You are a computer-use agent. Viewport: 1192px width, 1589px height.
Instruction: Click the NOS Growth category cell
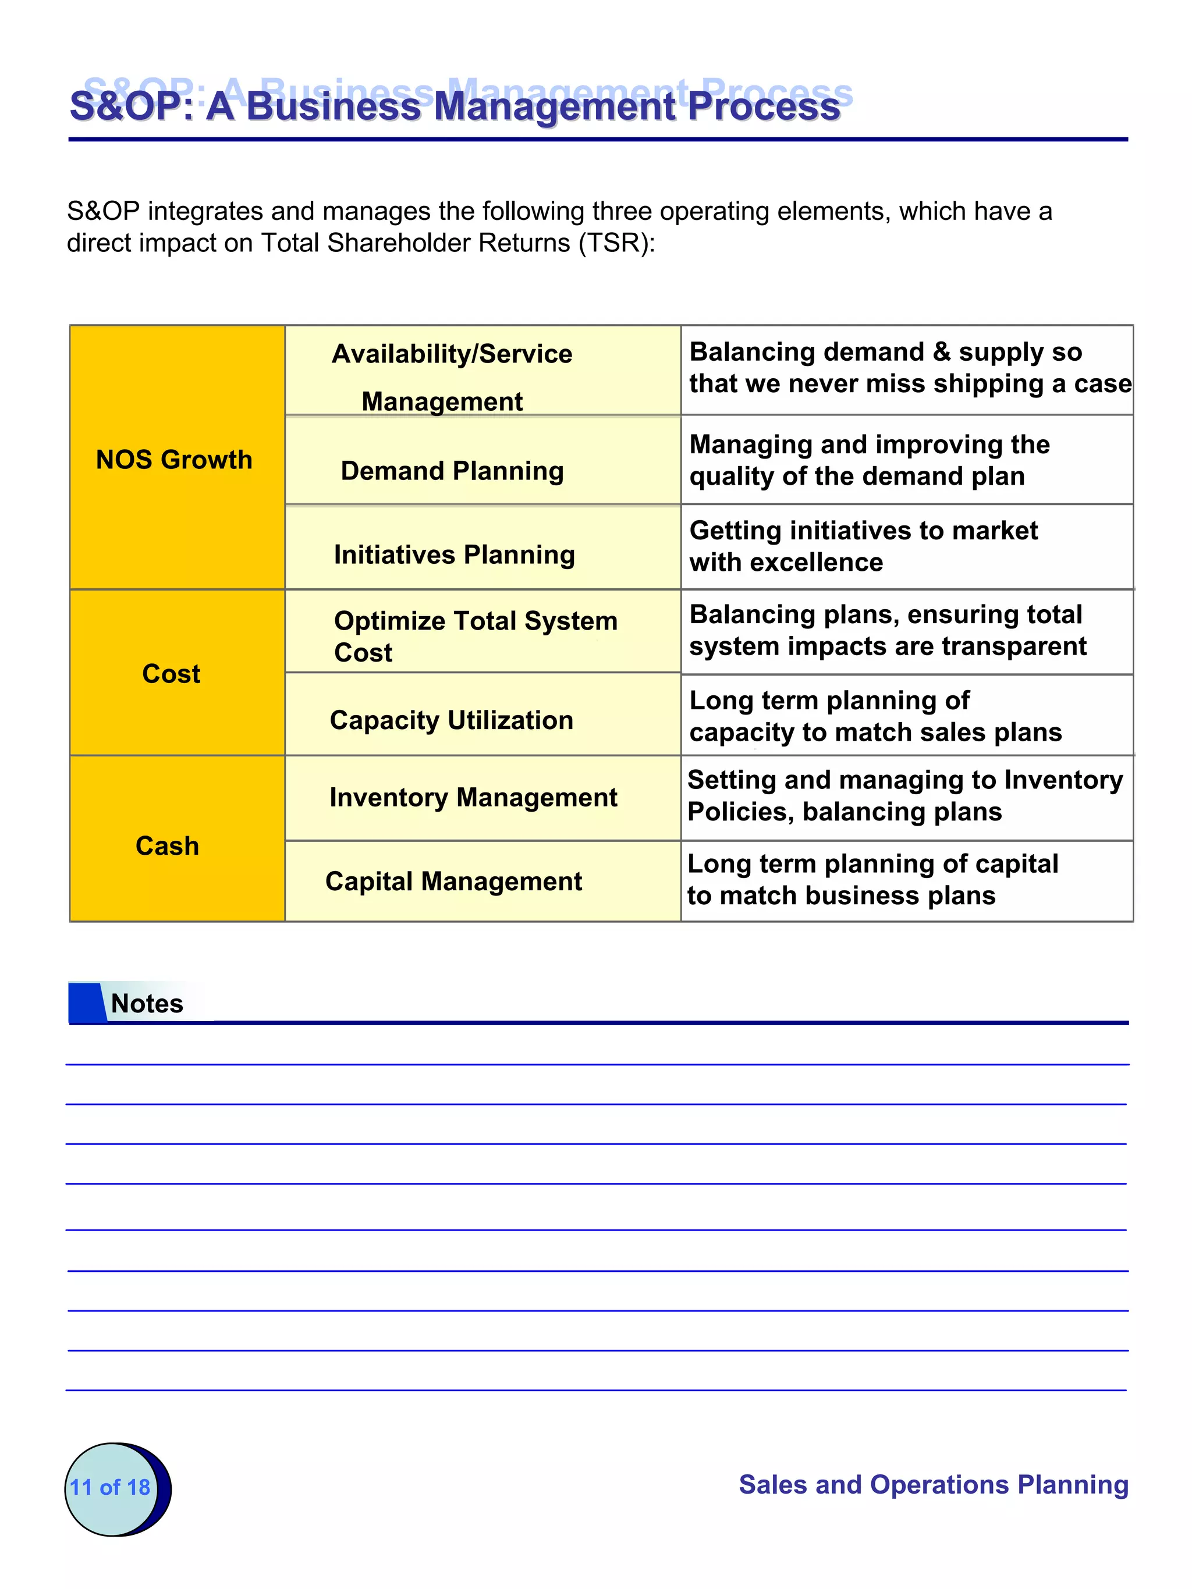click(x=175, y=460)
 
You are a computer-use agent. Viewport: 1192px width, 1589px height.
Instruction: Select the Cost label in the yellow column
click(x=171, y=674)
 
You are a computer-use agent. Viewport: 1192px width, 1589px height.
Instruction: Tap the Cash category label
click(x=168, y=846)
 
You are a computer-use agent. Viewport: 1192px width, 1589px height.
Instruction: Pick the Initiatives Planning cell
click(x=454, y=554)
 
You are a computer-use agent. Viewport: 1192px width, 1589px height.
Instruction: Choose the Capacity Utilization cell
click(x=451, y=720)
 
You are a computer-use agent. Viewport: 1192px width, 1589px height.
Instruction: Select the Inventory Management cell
click(x=473, y=797)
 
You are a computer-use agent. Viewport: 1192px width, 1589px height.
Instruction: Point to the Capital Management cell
click(x=453, y=881)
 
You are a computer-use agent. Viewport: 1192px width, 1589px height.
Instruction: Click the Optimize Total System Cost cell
click(x=475, y=636)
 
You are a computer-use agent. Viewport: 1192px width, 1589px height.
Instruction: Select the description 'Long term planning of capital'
click(x=872, y=864)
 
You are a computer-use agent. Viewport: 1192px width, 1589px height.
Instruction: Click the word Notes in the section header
click(x=147, y=1004)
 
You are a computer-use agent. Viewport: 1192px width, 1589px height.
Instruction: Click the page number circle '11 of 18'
click(x=111, y=1487)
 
